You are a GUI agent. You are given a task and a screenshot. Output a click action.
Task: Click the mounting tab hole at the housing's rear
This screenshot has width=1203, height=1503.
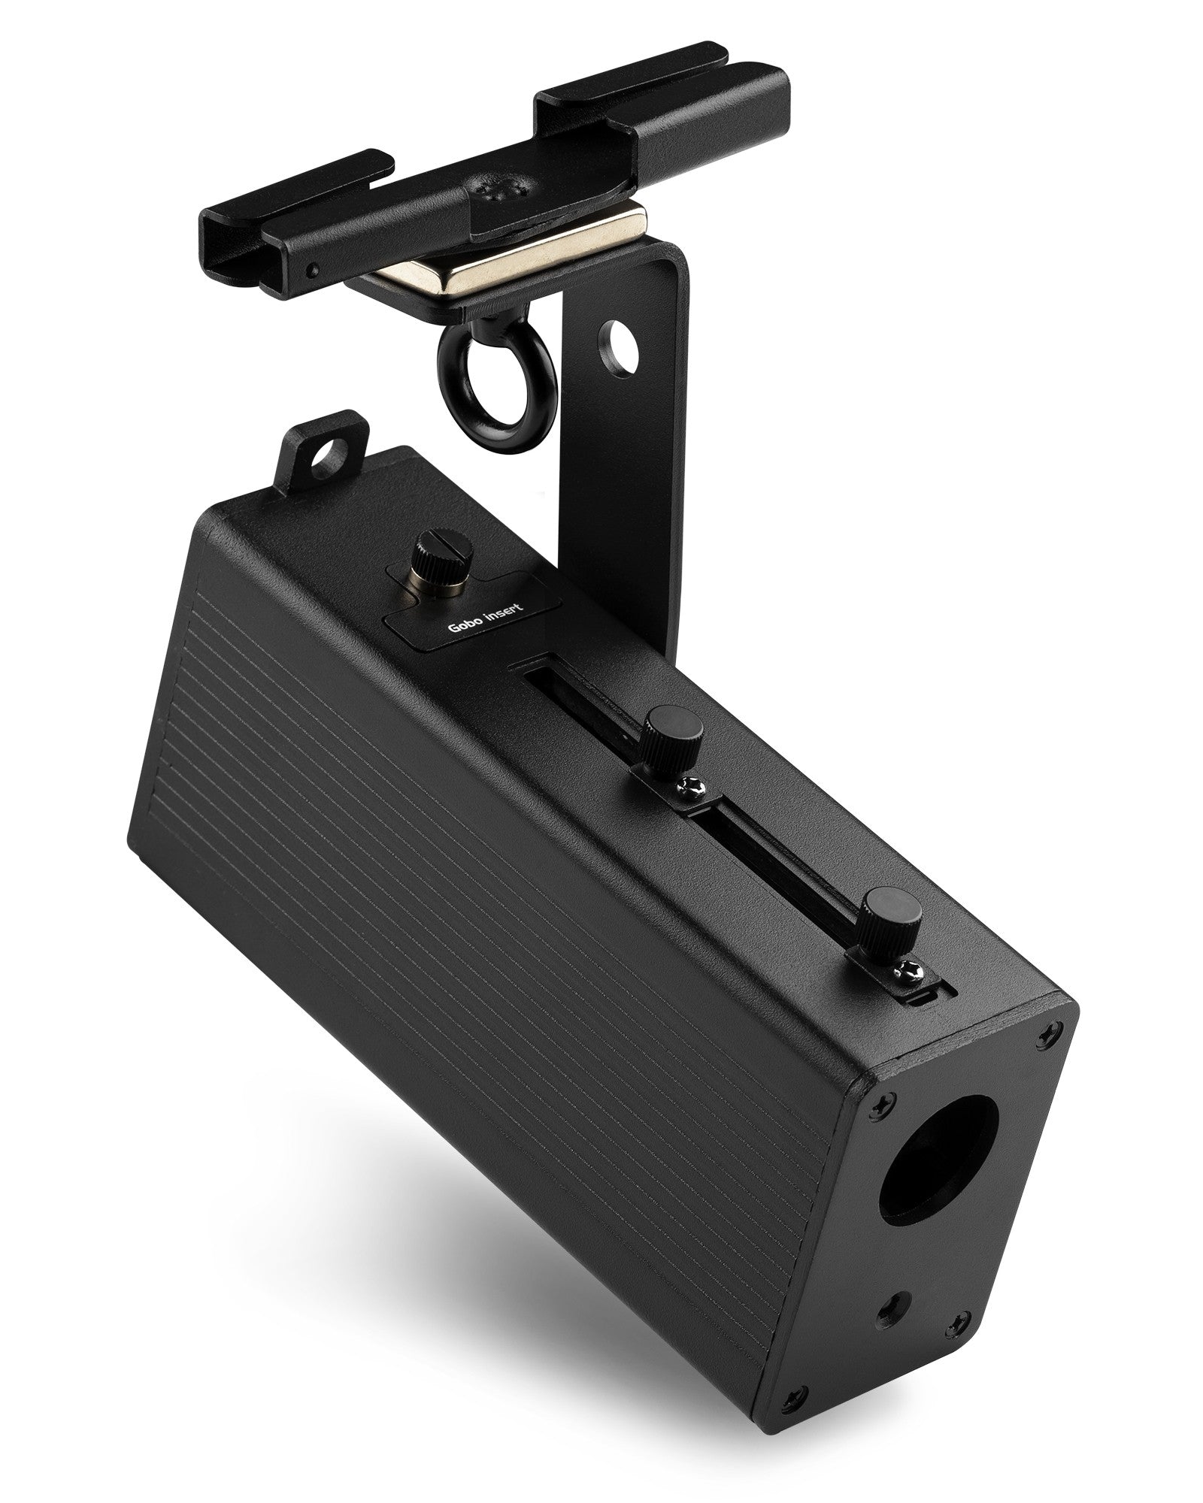pos(325,452)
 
